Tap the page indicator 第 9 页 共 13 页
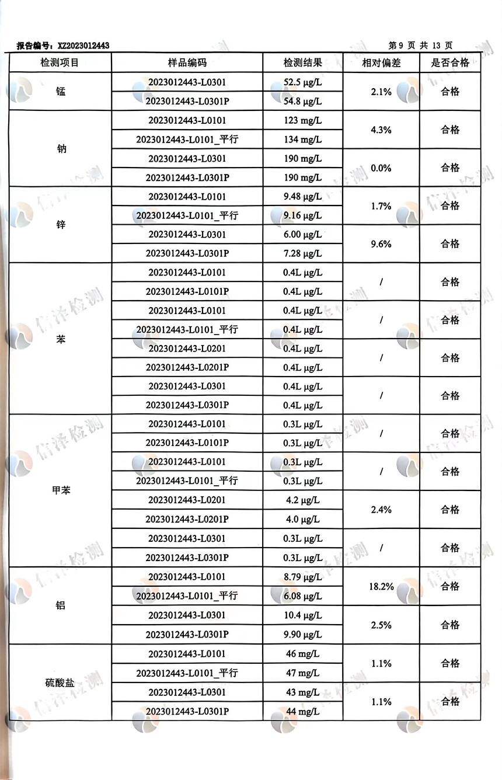pos(420,46)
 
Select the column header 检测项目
pos(60,63)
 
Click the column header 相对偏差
pos(381,63)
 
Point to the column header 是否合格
pos(450,63)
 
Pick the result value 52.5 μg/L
pos(303,82)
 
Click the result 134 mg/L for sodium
pos(303,140)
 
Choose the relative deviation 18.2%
pos(381,586)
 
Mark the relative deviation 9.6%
pos(381,244)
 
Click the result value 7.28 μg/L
pos(302,253)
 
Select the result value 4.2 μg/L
pos(302,500)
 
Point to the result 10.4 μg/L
pos(302,615)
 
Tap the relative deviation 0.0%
pos(381,168)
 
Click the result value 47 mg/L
pos(302,673)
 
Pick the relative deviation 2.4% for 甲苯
pos(381,509)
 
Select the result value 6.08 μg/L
pos(302,596)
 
